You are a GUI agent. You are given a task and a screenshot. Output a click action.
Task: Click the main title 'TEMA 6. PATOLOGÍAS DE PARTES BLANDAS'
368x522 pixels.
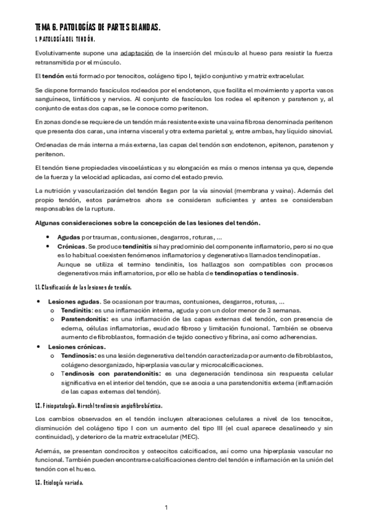click(x=98, y=28)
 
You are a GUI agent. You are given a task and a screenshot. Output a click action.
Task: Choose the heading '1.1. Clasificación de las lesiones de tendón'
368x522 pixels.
click(x=82, y=288)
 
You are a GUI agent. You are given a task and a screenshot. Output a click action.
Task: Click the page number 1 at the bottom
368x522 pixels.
click(x=166, y=507)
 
